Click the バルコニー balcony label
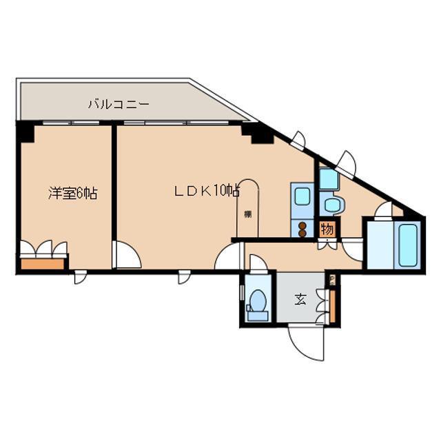[118, 105]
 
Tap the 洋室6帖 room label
[72, 194]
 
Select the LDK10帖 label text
[206, 191]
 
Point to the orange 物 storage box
[327, 229]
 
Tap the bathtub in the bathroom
[407, 247]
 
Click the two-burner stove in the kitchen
[302, 229]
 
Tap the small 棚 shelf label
[247, 214]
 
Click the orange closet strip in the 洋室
[43, 261]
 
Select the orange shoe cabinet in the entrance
[332, 305]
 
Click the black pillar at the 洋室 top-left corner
[25, 132]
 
